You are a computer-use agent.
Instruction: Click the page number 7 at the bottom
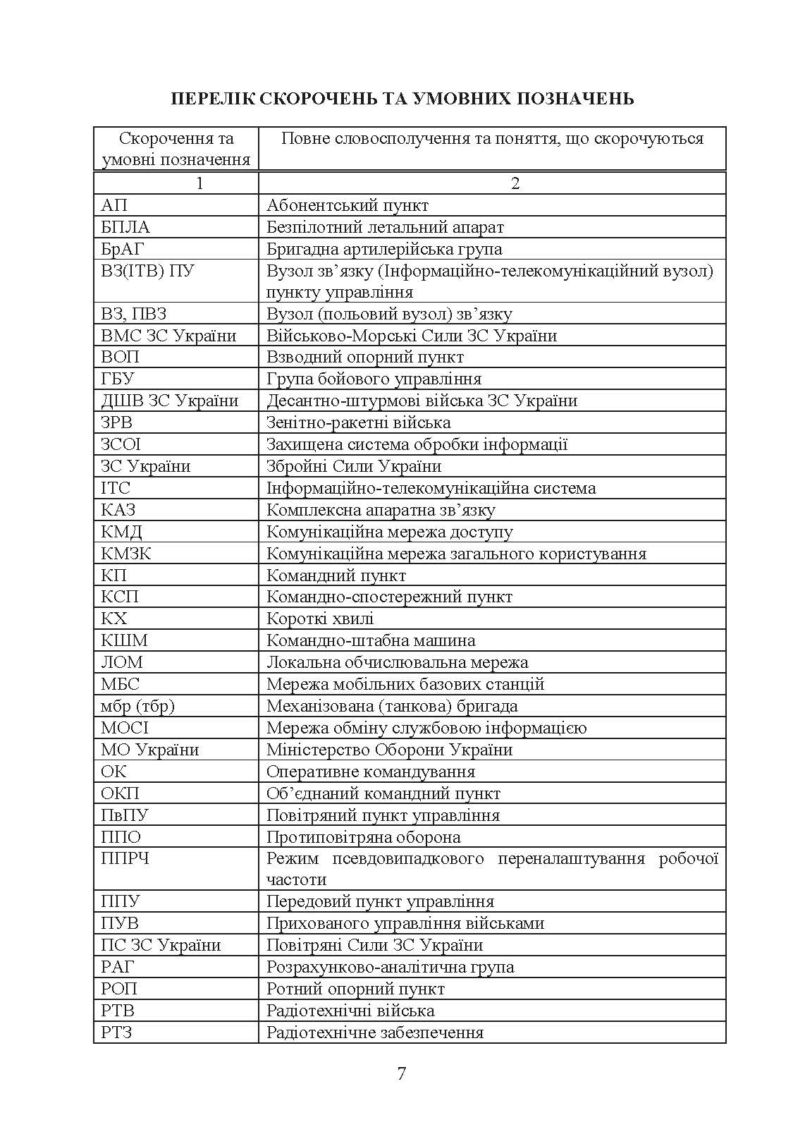[402, 1073]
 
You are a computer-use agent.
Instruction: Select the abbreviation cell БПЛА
[125, 227]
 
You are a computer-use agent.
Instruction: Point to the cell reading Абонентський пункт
[348, 205]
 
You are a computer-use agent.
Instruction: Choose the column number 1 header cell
[199, 183]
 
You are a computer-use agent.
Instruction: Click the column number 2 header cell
[515, 183]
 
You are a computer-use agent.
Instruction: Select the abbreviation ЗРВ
[117, 422]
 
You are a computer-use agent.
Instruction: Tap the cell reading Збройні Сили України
[354, 466]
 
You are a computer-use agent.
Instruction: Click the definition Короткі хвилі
[320, 619]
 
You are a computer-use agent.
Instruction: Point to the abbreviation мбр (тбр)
[137, 706]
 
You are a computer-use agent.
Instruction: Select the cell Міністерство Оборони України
[389, 750]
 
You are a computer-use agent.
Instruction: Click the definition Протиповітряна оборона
[364, 837]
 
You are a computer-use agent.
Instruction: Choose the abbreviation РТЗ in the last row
[117, 1033]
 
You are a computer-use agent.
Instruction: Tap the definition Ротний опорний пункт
[355, 989]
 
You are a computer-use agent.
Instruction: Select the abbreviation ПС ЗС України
[161, 945]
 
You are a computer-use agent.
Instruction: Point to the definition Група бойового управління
[374, 379]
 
